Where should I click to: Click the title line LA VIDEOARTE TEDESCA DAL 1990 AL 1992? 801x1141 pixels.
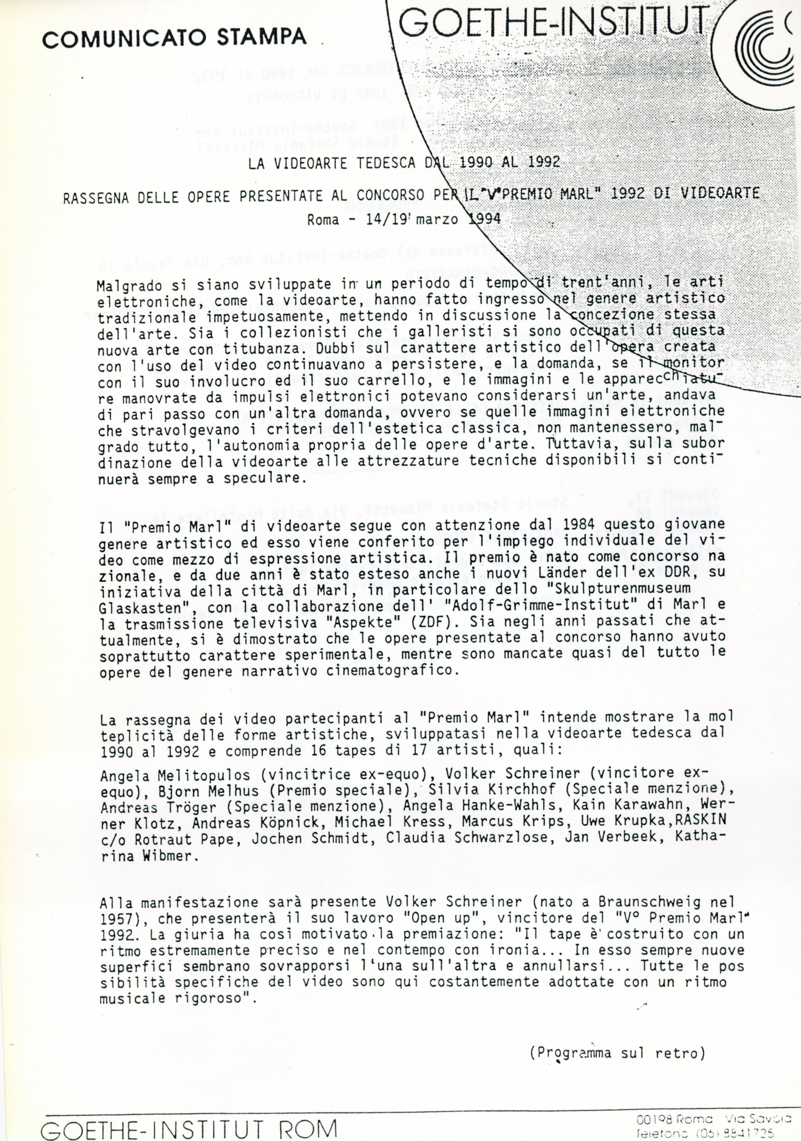(404, 163)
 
